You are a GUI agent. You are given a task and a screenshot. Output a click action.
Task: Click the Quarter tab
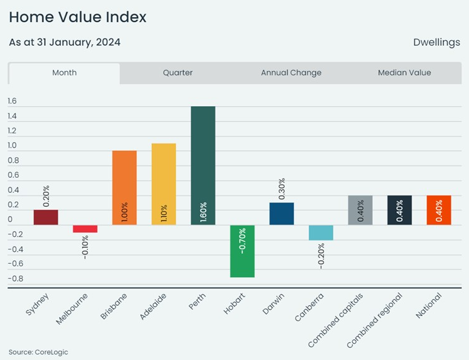(x=178, y=73)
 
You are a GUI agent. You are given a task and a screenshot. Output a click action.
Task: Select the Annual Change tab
(x=291, y=73)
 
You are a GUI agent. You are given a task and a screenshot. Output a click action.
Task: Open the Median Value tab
(x=404, y=73)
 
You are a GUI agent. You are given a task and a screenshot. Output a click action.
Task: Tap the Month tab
(x=64, y=73)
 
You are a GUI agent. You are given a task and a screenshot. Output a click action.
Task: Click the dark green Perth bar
(x=203, y=165)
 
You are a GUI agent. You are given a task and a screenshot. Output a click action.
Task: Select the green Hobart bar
(x=242, y=251)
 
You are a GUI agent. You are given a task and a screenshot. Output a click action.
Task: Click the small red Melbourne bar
(x=85, y=229)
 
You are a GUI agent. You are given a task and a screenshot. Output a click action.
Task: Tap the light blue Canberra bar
(x=321, y=232)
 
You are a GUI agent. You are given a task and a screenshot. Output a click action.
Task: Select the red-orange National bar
(x=439, y=210)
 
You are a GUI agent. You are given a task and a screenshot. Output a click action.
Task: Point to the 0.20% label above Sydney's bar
(x=46, y=195)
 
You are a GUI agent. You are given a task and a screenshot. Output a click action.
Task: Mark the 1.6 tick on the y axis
(x=12, y=101)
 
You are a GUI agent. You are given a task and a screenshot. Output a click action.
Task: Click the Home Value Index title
(x=77, y=17)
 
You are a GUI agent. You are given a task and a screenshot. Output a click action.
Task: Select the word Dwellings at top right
(x=436, y=43)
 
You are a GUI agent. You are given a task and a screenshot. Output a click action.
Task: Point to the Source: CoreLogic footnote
(x=38, y=352)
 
